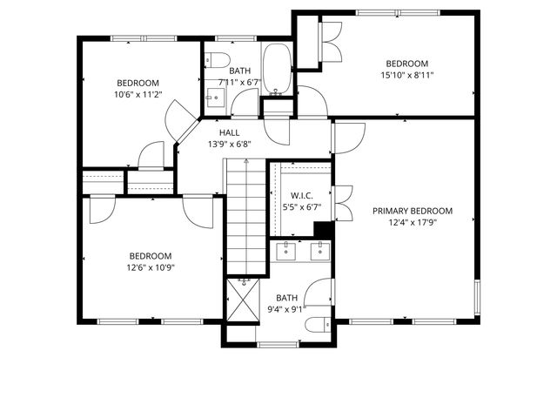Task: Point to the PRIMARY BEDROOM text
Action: [413, 211]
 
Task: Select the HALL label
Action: [229, 132]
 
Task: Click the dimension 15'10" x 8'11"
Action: [407, 76]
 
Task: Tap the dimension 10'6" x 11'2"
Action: [138, 94]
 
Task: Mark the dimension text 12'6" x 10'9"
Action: [150, 267]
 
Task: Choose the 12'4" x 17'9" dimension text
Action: [413, 222]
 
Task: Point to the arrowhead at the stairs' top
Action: [246, 161]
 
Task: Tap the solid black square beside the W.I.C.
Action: [322, 229]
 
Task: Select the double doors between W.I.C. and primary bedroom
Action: [342, 202]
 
